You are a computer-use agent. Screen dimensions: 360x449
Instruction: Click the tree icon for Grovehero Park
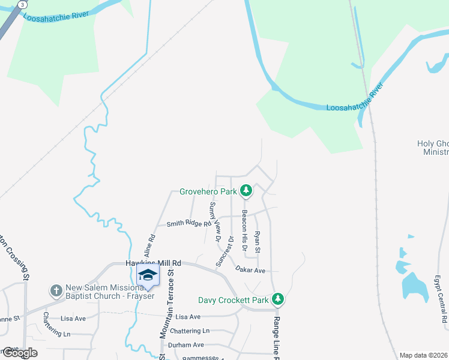pyautogui.click(x=246, y=191)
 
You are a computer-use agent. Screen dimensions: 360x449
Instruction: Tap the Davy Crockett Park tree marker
pyautogui.click(x=277, y=298)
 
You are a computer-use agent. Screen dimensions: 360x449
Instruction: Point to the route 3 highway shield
pyautogui.click(x=22, y=4)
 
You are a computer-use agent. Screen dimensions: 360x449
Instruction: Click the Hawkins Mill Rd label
pyautogui.click(x=153, y=263)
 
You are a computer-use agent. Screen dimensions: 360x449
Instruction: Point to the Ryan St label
pyautogui.click(x=258, y=242)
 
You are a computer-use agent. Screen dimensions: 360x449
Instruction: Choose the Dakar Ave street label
pyautogui.click(x=250, y=270)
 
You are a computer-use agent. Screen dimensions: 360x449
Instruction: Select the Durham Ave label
pyautogui.click(x=186, y=345)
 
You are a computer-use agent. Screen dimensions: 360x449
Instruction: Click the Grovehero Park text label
pyautogui.click(x=208, y=192)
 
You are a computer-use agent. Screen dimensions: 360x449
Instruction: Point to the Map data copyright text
pyautogui.click(x=424, y=355)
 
